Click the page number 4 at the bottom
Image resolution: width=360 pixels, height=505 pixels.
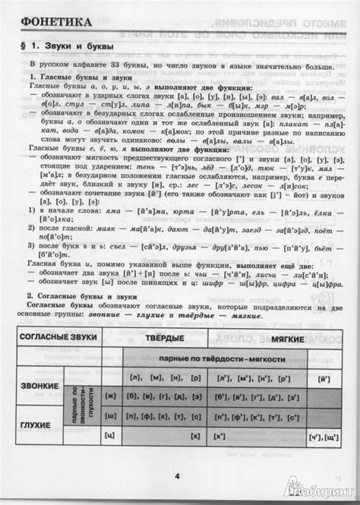click(176, 477)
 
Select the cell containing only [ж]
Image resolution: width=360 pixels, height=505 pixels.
click(110, 396)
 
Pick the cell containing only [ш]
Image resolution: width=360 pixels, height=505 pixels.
click(110, 416)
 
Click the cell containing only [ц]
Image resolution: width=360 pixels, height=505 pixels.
click(110, 437)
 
